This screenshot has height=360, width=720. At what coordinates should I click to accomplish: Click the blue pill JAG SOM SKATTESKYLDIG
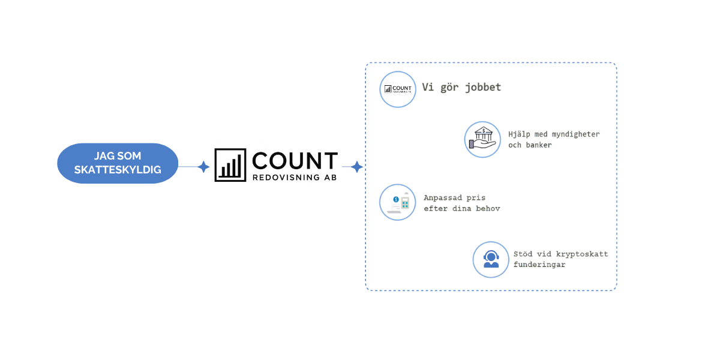coord(118,163)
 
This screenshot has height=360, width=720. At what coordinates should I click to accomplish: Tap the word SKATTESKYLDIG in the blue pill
coord(118,170)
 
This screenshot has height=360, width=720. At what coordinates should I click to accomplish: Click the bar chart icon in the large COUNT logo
coord(230,165)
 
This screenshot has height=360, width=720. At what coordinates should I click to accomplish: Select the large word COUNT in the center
coord(295,160)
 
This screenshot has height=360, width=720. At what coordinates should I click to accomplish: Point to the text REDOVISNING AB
coord(295,178)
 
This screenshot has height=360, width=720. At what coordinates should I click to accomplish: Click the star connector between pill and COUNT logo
coord(203,167)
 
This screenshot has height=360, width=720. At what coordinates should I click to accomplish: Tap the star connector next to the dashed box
coord(356,167)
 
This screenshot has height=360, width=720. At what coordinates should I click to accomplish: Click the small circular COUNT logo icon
coord(398,89)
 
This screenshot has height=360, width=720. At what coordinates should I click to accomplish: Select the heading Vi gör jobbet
coord(461,88)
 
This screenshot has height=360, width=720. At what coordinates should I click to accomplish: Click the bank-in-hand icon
coord(482,139)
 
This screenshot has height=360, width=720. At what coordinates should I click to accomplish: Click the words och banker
coord(530,145)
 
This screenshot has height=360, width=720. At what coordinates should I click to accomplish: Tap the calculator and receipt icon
coord(398,202)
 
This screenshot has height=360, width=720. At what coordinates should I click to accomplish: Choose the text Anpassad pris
coord(455,197)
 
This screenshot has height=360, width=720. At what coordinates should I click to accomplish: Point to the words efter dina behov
coord(462,209)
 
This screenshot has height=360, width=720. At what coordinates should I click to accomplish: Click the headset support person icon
coord(491,259)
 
